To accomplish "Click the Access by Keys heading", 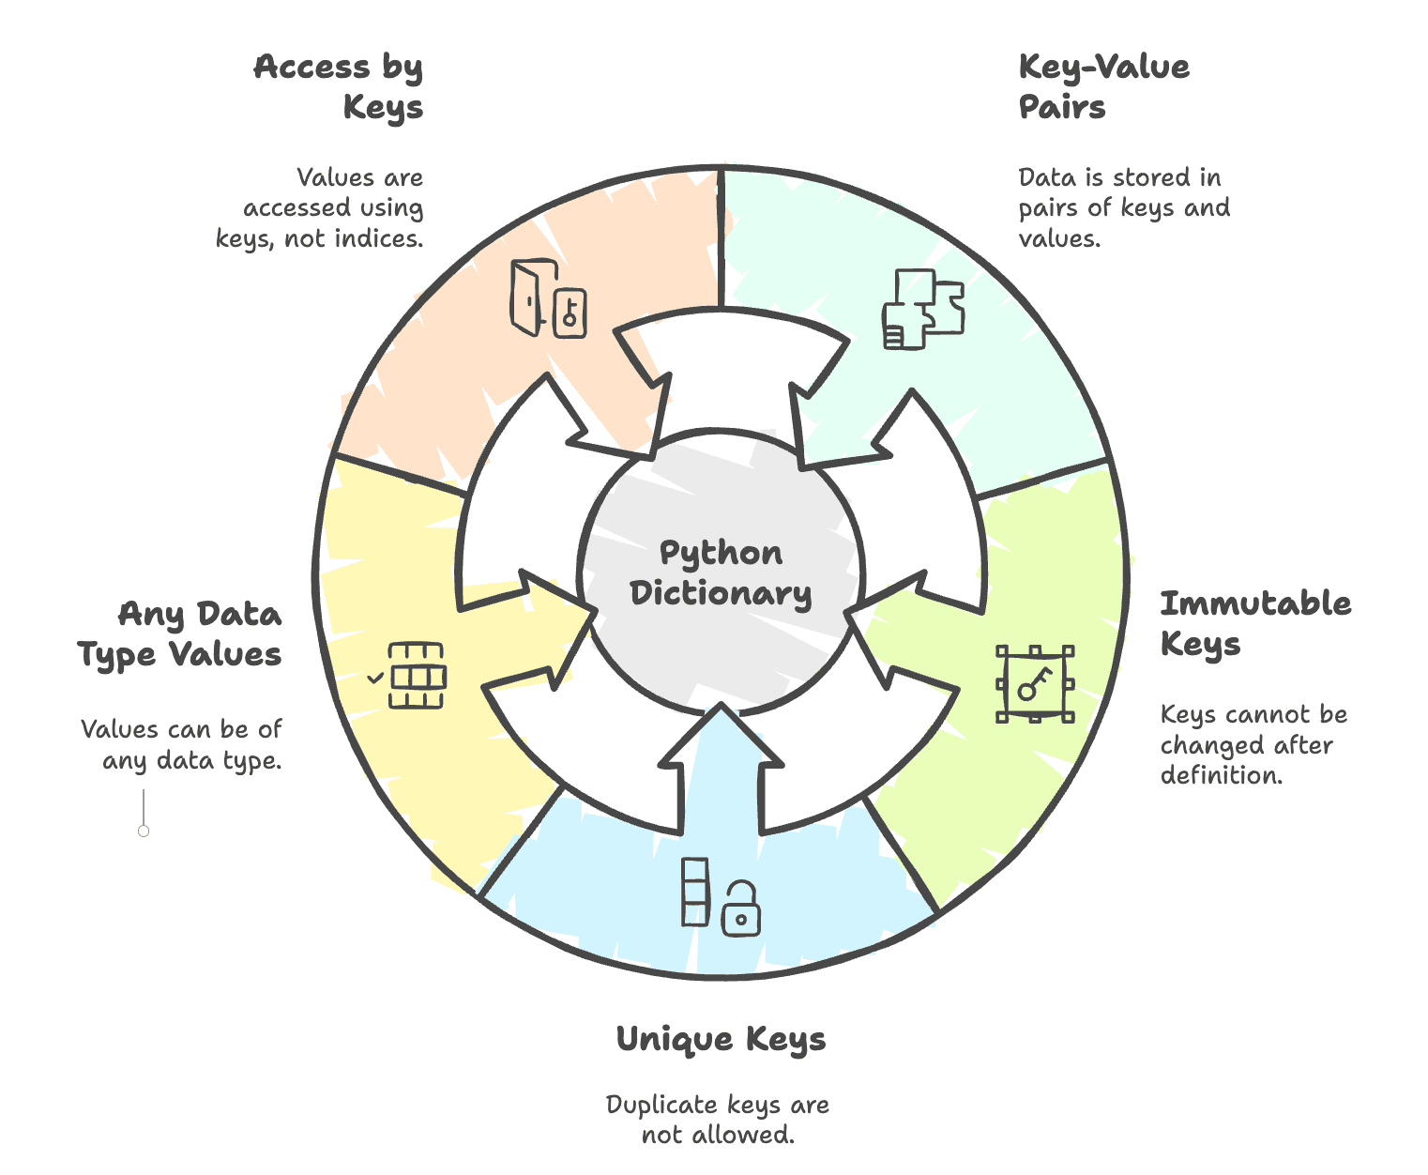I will click(338, 86).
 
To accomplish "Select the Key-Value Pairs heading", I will click(1103, 86).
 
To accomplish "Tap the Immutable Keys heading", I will click(1255, 623).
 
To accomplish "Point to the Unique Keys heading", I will click(721, 1039).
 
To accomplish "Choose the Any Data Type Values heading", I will click(180, 633).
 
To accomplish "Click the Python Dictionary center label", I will click(721, 572).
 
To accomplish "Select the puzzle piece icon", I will click(923, 310).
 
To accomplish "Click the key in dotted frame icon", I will click(1034, 684).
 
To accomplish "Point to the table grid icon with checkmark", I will click(411, 676).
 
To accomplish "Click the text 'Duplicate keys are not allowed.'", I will click(718, 1120).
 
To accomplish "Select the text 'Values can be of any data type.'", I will click(182, 744).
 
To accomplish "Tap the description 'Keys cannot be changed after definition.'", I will click(1253, 744).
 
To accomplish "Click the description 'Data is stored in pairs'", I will click(1124, 207).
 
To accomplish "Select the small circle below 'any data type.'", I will click(144, 831).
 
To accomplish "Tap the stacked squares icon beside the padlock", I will click(695, 892).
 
